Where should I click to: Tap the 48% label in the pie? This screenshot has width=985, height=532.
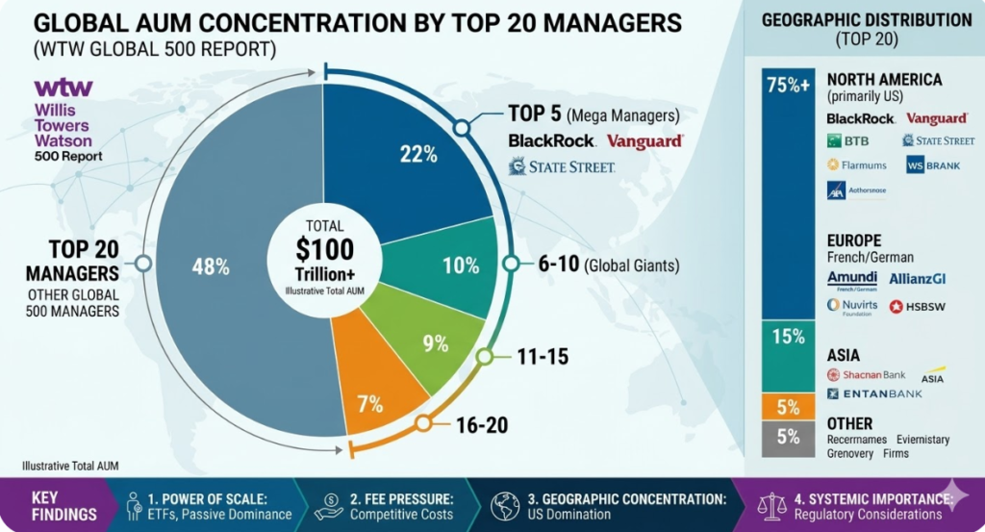[210, 267]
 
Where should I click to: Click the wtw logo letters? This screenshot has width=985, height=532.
[63, 89]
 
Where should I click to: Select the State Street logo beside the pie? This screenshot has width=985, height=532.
[562, 167]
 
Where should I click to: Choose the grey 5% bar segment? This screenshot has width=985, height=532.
[788, 437]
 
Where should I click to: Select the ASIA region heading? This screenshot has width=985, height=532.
[844, 356]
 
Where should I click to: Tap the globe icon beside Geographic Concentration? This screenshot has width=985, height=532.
[505, 506]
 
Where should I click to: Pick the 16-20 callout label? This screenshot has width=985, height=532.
[481, 424]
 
